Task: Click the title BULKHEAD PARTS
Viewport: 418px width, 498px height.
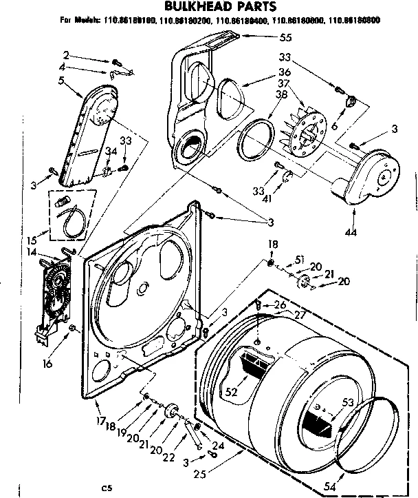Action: [x=208, y=7]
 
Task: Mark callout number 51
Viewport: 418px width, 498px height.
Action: [x=298, y=259]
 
